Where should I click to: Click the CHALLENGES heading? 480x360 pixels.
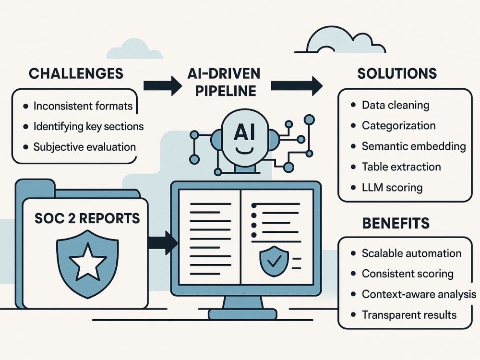(76, 74)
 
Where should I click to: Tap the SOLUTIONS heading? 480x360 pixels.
(397, 74)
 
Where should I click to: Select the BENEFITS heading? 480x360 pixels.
(396, 223)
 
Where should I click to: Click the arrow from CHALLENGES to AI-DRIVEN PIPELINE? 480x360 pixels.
(163, 86)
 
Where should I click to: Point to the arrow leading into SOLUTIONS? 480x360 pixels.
(297, 86)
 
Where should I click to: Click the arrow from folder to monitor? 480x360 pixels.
(163, 243)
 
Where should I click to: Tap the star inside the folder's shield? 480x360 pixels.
(88, 262)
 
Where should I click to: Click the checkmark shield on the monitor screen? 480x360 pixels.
(274, 261)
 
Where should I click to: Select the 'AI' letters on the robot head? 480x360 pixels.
(244, 132)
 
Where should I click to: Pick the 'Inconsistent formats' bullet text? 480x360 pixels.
(83, 106)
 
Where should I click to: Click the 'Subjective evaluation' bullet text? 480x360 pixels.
(84, 147)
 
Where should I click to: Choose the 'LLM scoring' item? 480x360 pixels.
(392, 187)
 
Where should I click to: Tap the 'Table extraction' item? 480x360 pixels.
(401, 167)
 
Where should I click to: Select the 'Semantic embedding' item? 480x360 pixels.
(414, 146)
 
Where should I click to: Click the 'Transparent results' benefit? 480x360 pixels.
(409, 315)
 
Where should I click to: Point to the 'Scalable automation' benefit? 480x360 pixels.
(411, 253)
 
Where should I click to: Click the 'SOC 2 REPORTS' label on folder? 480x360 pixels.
(87, 218)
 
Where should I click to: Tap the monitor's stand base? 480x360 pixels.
(243, 314)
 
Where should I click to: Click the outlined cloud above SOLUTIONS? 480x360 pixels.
(340, 40)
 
